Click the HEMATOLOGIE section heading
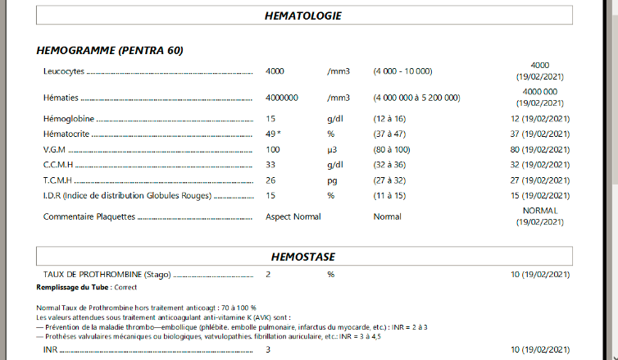point(303,16)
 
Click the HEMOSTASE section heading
point(303,257)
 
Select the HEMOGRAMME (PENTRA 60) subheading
point(110,51)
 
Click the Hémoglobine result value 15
point(270,119)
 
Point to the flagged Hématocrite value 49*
point(274,134)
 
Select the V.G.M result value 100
point(274,149)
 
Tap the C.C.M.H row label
point(59,164)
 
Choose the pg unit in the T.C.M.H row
point(332,180)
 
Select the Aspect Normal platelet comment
point(293,216)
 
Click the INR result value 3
point(269,350)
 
